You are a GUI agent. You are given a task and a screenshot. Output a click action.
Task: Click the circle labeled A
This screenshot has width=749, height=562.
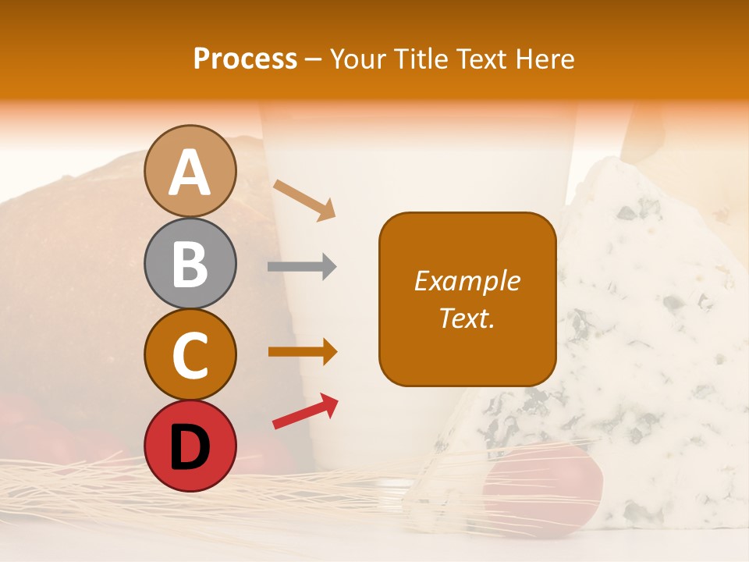tap(190, 171)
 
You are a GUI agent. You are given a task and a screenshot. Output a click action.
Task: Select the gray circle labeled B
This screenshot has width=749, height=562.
tap(190, 263)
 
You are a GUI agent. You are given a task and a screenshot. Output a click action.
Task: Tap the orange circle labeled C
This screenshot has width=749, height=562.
tap(190, 354)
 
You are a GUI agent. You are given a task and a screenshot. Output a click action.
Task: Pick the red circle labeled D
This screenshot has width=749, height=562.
tap(190, 446)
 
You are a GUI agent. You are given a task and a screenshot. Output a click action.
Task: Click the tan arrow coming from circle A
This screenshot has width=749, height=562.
tap(305, 200)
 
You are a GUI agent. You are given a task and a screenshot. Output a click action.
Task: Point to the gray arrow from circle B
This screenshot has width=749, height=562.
tap(302, 267)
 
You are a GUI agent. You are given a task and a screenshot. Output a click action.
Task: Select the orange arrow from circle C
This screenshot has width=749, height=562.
tap(303, 352)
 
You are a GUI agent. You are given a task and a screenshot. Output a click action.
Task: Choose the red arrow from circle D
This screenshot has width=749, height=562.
tap(305, 411)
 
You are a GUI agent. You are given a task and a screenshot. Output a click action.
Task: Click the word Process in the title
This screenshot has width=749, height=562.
tap(245, 59)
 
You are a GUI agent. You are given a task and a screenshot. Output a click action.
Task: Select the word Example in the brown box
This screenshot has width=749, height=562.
tap(467, 281)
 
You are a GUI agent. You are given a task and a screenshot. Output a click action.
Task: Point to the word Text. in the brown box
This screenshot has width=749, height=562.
tap(467, 318)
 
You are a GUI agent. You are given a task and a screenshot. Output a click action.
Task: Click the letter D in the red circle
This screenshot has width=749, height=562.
tap(190, 447)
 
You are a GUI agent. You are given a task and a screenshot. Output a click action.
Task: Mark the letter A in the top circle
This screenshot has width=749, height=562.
tap(190, 173)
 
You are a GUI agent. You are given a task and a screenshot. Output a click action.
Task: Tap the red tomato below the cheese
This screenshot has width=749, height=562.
tap(546, 484)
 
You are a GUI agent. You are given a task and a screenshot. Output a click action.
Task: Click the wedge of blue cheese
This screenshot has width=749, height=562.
tap(624, 328)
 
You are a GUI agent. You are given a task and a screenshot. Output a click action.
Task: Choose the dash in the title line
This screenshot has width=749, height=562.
tap(314, 60)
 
